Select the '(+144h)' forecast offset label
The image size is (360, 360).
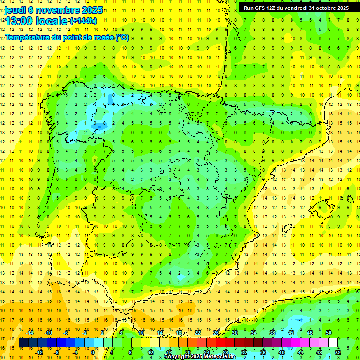coord(83,21)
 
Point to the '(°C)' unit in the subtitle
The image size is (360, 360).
coord(122,37)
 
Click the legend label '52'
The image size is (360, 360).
coord(338,352)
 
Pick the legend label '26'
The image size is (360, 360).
coord(216,333)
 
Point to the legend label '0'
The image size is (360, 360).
coord(92,352)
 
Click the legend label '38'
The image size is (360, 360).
coord(272,333)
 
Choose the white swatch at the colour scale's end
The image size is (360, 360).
coord(333,343)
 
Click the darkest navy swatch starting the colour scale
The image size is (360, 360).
coord(24,343)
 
